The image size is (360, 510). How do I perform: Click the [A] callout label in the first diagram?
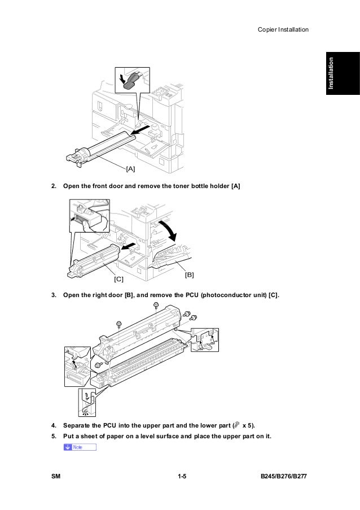coord(130,168)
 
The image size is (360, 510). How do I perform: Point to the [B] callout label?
coord(190,274)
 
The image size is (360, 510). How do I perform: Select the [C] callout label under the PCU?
coord(118,279)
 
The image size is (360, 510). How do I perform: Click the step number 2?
coord(54,186)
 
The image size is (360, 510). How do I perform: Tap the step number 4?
coord(54,424)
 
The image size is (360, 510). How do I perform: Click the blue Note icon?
coord(80,447)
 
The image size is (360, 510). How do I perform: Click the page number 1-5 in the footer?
coord(181,478)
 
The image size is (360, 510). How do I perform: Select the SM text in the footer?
coord(55,478)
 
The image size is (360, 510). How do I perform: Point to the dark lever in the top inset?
coord(131,80)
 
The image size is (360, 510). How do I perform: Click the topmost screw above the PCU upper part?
coord(156,306)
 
